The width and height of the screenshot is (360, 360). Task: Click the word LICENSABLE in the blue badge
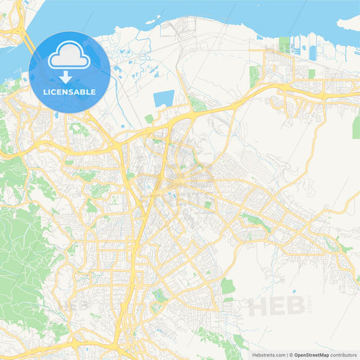[70, 92]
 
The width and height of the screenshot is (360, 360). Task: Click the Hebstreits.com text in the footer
[268, 355]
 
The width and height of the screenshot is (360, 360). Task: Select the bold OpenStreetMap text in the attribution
[311, 355]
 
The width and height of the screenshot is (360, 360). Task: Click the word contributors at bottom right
[343, 355]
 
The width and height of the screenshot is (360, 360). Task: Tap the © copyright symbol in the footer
[291, 355]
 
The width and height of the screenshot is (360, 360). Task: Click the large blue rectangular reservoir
[163, 99]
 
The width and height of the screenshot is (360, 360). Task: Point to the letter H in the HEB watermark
[258, 307]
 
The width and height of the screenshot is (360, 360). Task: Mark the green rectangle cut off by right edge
[356, 126]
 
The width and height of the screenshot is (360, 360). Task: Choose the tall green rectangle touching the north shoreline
[254, 77]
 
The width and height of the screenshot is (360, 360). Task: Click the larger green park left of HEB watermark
[228, 286]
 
